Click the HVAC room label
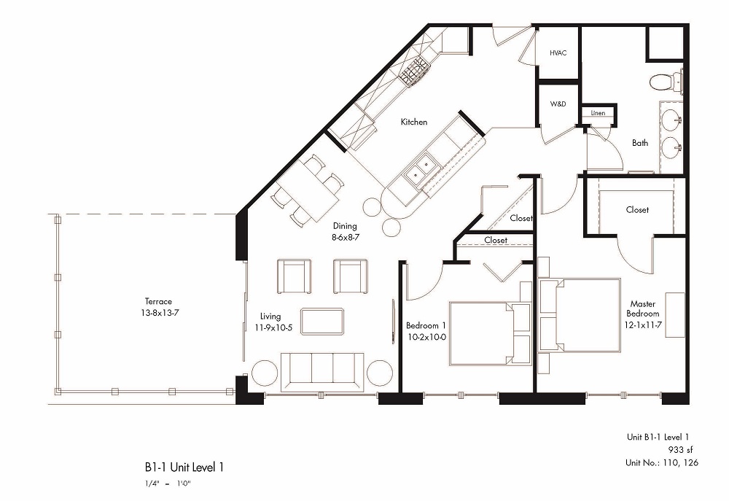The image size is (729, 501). [x=558, y=53]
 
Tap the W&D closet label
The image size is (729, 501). [x=558, y=104]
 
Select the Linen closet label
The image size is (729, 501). [x=598, y=113]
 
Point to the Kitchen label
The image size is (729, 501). [x=413, y=122]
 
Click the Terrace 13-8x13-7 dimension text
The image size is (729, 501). [x=158, y=312]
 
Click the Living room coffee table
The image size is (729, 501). [x=322, y=321]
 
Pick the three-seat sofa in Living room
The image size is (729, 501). [x=323, y=370]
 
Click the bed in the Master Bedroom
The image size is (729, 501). [x=580, y=315]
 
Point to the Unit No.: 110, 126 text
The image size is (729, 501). [x=661, y=462]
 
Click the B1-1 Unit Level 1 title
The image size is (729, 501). [x=184, y=467]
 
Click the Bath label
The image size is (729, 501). [x=640, y=143]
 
